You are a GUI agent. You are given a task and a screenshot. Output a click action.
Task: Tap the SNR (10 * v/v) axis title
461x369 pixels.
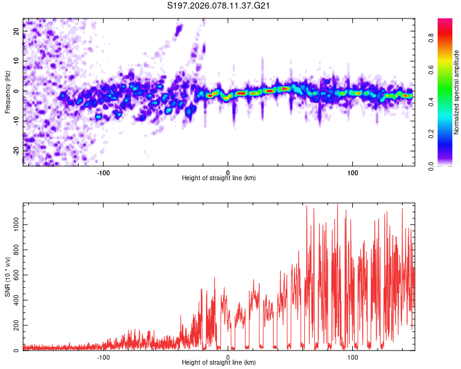tap(7, 277)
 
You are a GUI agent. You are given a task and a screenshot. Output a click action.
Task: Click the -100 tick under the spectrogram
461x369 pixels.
tap(103, 172)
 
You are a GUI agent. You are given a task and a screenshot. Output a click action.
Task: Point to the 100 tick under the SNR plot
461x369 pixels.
tap(353, 357)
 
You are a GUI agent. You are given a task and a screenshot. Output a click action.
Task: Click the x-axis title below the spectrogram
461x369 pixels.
tap(219, 178)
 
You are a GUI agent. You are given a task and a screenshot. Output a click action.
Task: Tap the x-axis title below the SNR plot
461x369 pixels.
tap(219, 363)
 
